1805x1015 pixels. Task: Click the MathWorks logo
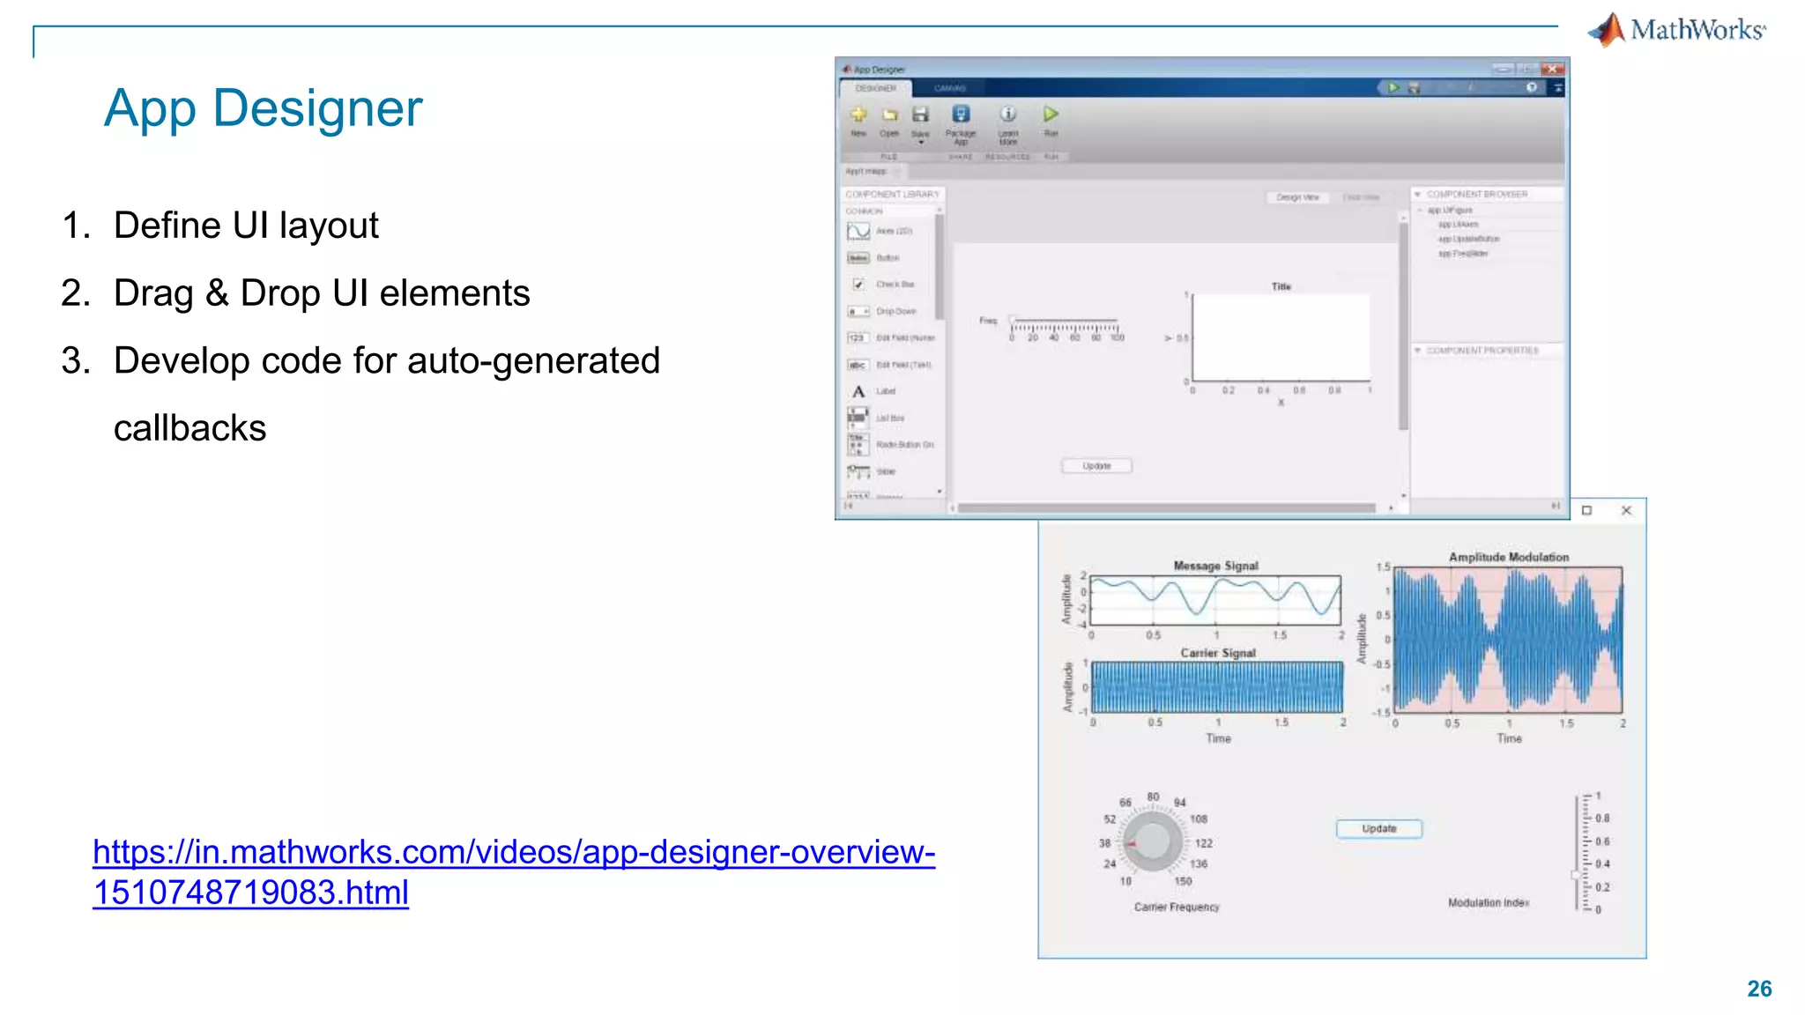1676,30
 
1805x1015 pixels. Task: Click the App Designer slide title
263,108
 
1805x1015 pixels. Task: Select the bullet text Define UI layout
246,226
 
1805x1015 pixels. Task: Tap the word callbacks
189,428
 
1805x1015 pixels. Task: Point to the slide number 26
1759,989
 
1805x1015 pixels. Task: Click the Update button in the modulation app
1378,829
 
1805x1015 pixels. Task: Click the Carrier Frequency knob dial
1152,841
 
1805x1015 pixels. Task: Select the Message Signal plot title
1215,566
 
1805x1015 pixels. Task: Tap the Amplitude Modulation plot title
1508,557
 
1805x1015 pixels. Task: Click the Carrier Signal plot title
1217,653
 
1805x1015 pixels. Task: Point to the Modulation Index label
1488,903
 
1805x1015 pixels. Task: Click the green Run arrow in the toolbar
1051,115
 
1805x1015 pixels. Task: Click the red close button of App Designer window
1553,69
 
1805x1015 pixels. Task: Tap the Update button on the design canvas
1096,466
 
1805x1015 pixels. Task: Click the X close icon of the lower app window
1626,510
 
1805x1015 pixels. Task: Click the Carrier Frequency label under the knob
1177,907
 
